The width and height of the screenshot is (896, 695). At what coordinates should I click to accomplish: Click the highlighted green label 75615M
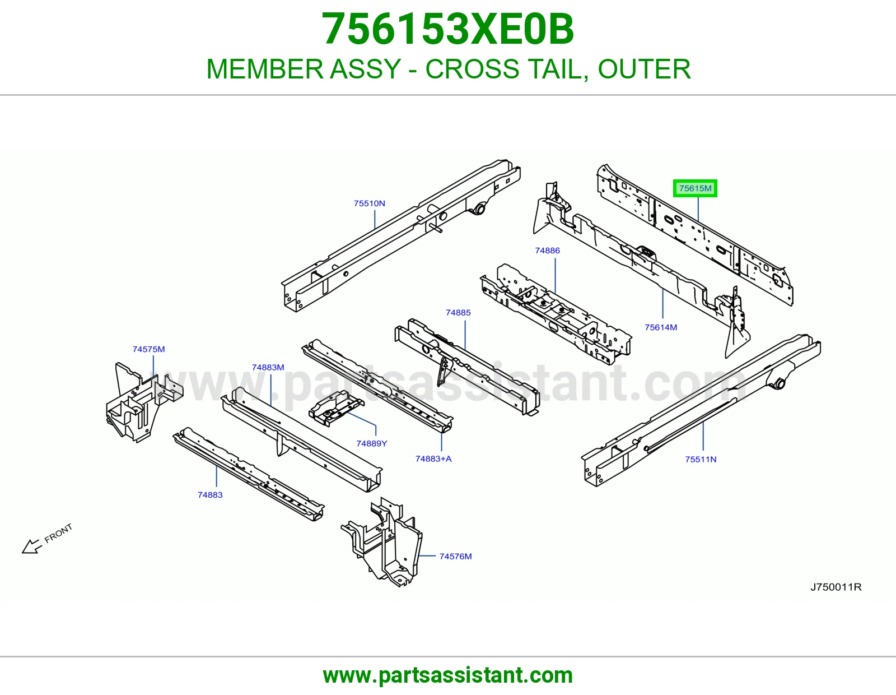[695, 188]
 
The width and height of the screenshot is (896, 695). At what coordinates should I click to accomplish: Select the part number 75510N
[369, 203]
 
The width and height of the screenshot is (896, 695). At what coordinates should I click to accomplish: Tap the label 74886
[547, 250]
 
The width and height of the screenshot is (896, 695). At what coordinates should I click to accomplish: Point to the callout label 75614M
[661, 327]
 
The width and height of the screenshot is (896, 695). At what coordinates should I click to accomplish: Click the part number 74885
[458, 312]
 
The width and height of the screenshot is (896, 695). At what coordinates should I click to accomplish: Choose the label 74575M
[148, 349]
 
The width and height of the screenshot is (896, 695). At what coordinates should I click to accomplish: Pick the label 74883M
[268, 367]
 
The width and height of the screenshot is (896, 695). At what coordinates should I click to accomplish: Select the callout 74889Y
[371, 443]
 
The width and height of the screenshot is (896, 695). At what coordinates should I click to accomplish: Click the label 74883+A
[433, 458]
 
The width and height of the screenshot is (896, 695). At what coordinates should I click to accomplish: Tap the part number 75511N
[701, 460]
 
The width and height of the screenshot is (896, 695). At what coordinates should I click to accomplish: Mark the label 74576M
[455, 557]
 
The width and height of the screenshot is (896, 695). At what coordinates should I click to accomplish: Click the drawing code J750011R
[836, 587]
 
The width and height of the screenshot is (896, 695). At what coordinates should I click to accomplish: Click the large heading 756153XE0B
[448, 29]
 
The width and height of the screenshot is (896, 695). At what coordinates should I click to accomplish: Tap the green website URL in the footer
[448, 675]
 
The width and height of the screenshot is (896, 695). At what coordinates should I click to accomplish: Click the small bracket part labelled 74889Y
[335, 409]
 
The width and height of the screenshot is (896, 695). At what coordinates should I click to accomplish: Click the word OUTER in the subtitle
[644, 69]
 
